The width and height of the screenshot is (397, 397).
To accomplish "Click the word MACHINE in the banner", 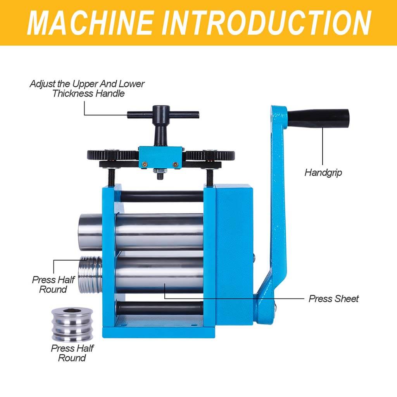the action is [91, 23].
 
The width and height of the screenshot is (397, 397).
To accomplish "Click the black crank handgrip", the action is [319, 118].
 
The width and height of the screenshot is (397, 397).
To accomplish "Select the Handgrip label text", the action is [323, 173].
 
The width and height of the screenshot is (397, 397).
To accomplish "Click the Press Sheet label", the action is [334, 299].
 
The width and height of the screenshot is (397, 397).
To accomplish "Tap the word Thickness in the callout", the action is [72, 93].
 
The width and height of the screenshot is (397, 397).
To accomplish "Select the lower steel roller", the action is [159, 275].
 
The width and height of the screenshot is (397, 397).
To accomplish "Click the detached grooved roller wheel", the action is [72, 325].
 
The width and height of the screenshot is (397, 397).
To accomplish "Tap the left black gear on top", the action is [113, 155].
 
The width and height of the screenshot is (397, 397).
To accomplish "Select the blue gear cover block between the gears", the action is [161, 157].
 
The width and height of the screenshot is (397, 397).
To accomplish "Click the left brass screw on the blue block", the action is [145, 164].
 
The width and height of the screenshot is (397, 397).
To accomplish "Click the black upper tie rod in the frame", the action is [162, 197].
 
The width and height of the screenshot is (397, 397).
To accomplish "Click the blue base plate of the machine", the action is [159, 332].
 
